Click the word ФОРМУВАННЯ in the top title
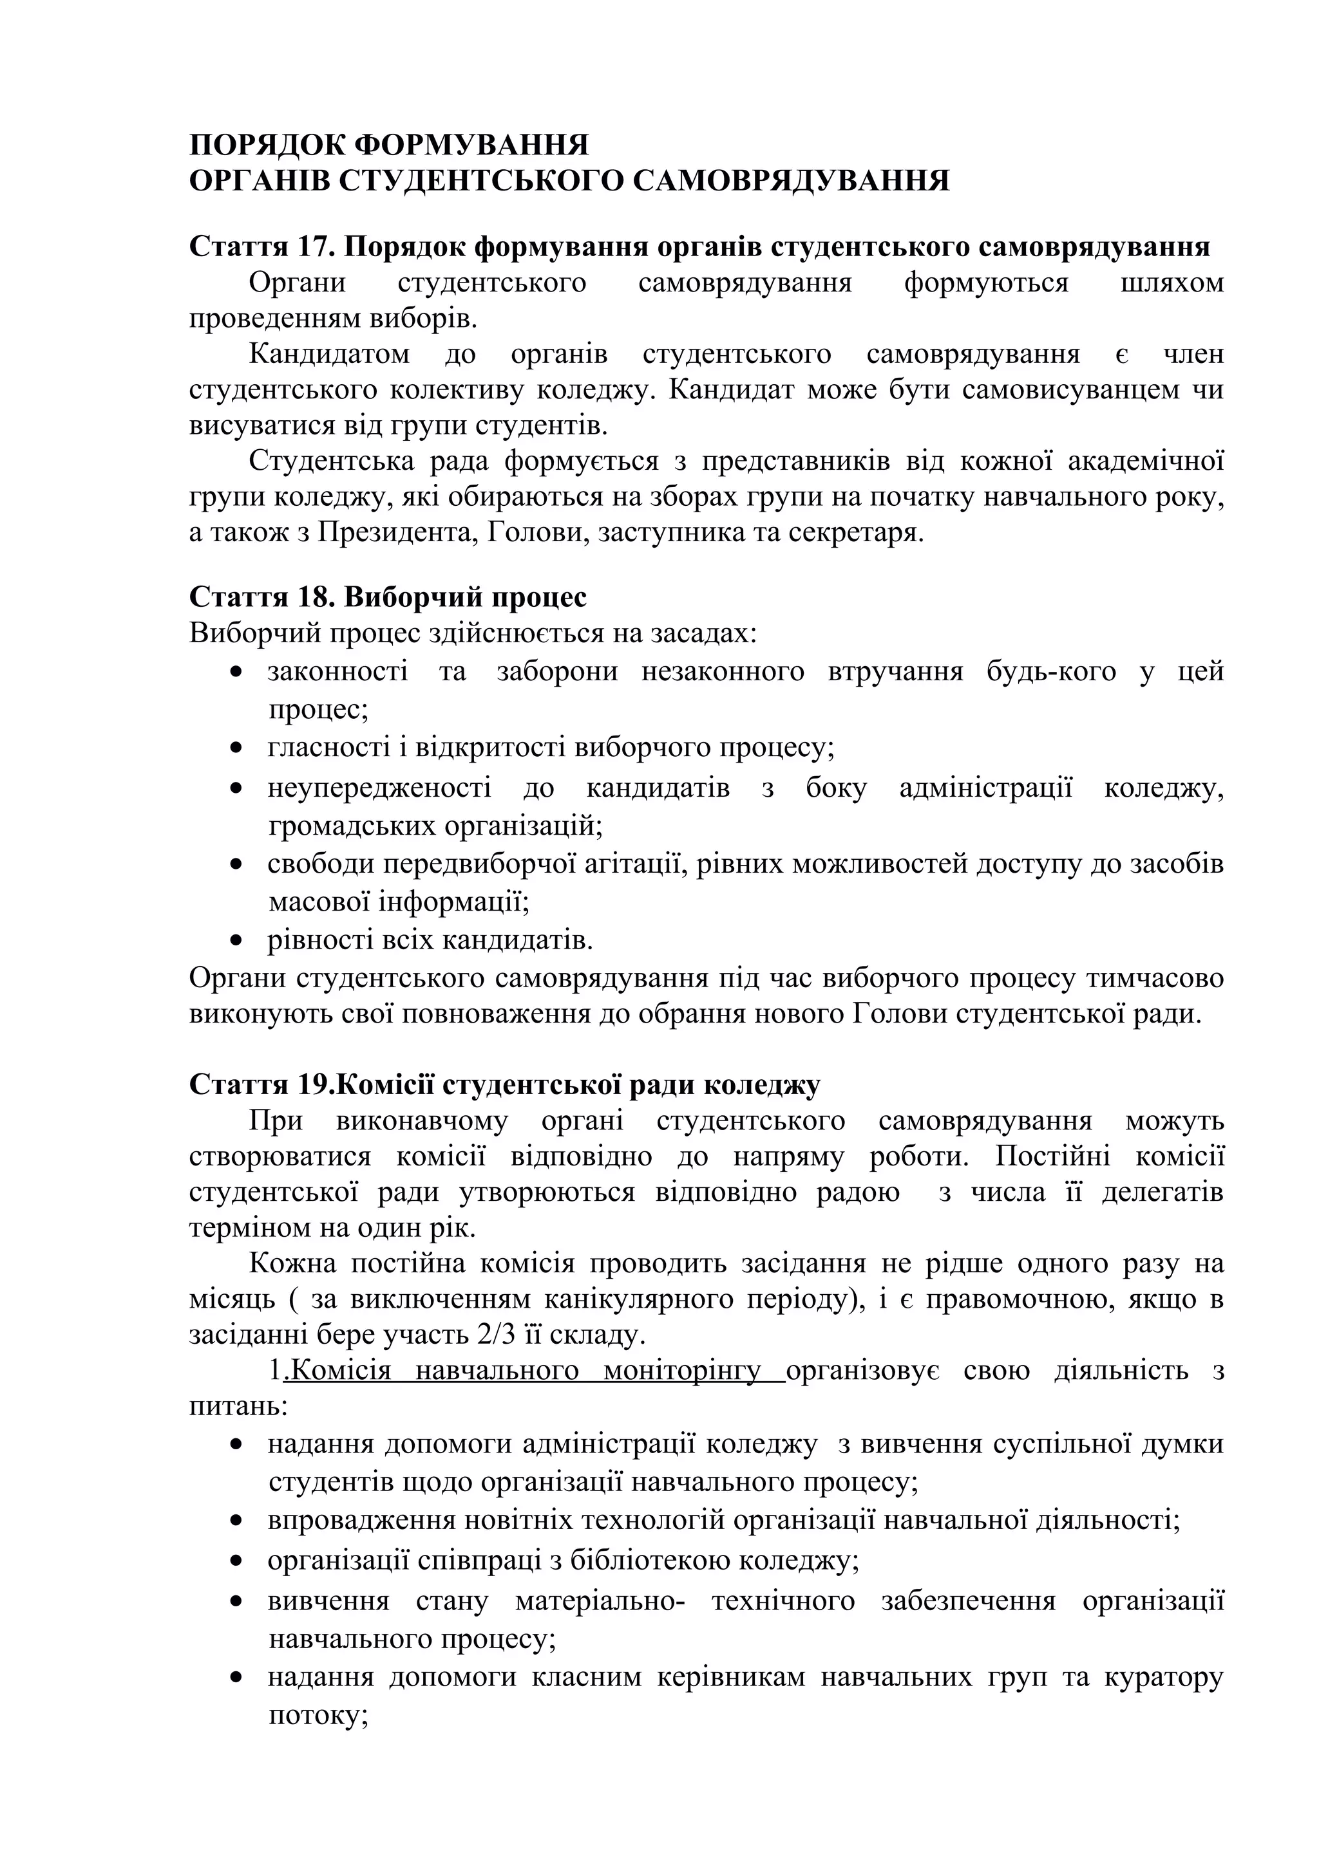pos(472,145)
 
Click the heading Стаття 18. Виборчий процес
pos(388,597)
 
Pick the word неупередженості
pos(379,788)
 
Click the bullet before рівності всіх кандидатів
pos(236,942)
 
